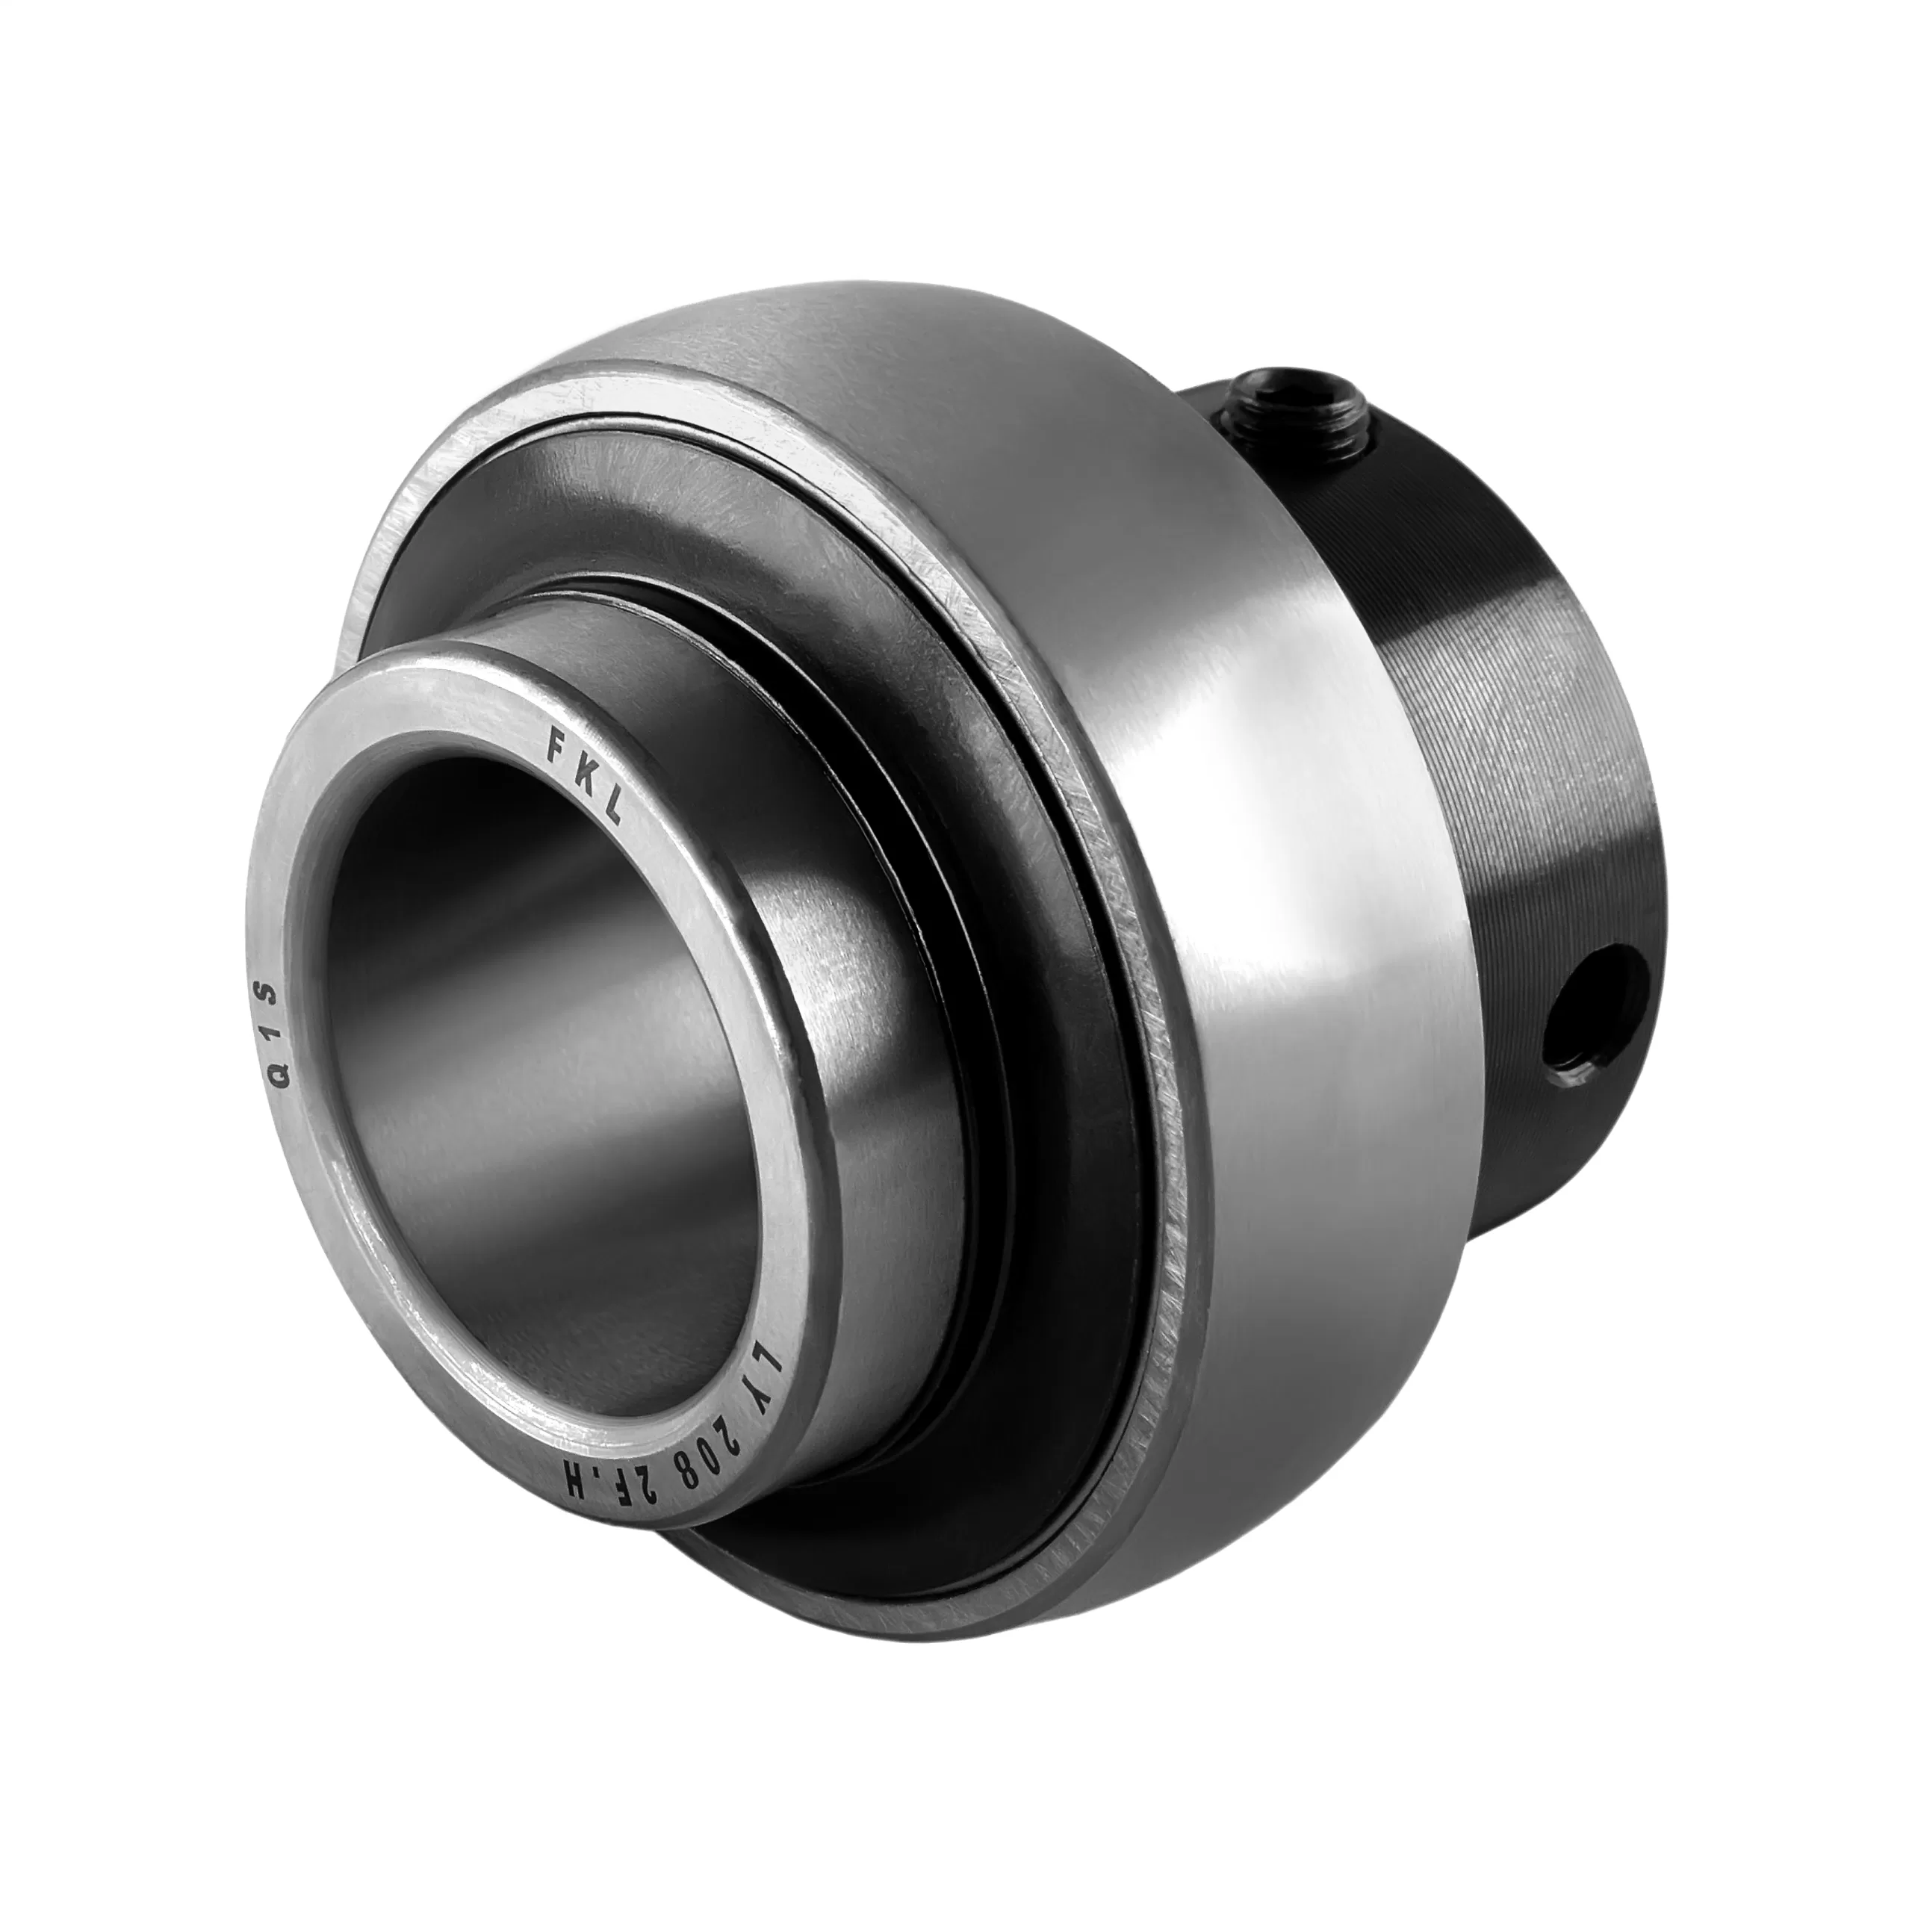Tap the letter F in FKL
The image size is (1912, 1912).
557,739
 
